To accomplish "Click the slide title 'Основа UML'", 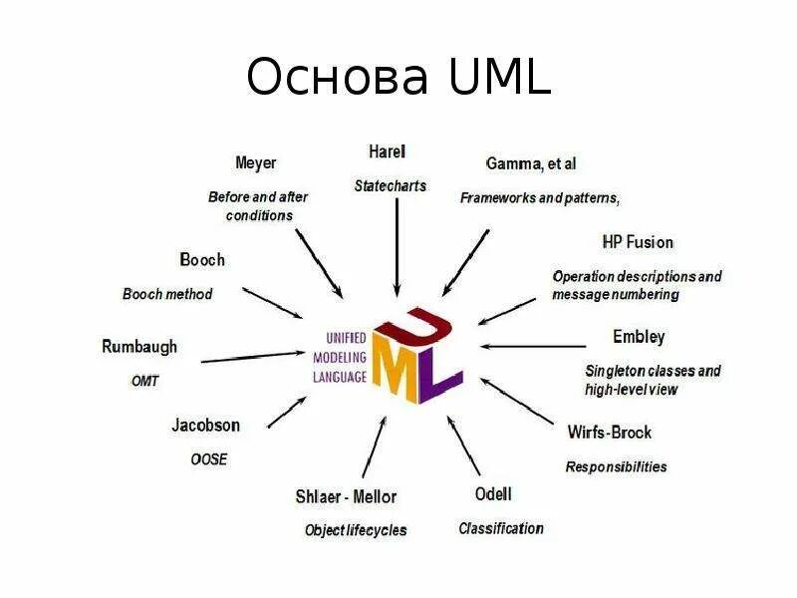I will (x=398, y=77).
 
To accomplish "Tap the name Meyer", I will (x=255, y=162).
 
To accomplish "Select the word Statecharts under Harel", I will (x=390, y=185).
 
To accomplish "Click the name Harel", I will (x=387, y=152).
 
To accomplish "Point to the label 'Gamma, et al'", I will (x=530, y=162).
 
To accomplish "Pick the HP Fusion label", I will (x=638, y=242).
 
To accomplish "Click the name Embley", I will (x=639, y=336).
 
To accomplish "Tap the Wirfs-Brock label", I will (x=610, y=433).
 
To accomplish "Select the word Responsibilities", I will (x=616, y=466).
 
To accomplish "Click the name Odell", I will (x=493, y=494).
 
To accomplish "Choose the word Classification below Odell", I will (x=500, y=528).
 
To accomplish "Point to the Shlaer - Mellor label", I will (x=346, y=496).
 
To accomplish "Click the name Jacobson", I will (x=205, y=425).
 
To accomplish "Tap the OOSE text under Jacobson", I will (x=209, y=459).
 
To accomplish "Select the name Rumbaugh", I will (x=139, y=347).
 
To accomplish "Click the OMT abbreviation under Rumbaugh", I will (x=144, y=381).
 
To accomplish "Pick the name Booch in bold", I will (x=202, y=260).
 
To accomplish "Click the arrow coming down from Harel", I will (x=397, y=249).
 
